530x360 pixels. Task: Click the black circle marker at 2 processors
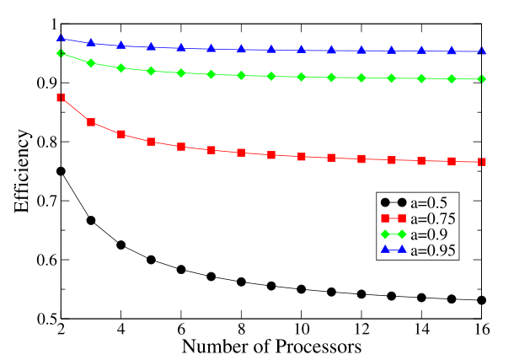(61, 171)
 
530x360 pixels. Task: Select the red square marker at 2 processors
(61, 98)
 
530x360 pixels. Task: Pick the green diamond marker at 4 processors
(121, 67)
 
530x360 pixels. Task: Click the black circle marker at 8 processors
(242, 282)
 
